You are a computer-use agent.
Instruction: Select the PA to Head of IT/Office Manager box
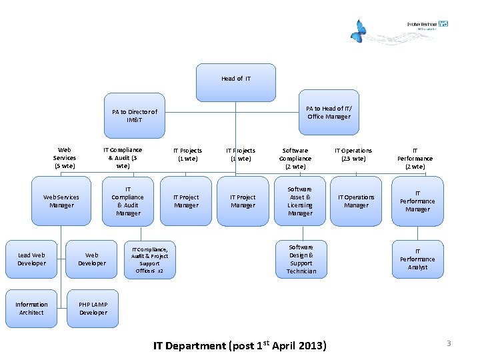pyautogui.click(x=329, y=113)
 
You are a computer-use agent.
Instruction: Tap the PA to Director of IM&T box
pyautogui.click(x=135, y=116)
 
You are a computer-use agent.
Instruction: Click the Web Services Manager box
pyautogui.click(x=61, y=201)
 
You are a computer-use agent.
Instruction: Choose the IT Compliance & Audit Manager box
pyautogui.click(x=128, y=201)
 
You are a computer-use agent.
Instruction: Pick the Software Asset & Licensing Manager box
pyautogui.click(x=300, y=201)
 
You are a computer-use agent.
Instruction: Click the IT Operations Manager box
pyautogui.click(x=356, y=201)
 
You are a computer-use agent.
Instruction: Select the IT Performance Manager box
pyautogui.click(x=417, y=201)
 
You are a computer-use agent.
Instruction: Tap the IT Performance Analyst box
pyautogui.click(x=417, y=259)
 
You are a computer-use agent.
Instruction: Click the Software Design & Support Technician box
pyautogui.click(x=301, y=259)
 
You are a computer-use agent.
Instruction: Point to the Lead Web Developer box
pyautogui.click(x=32, y=259)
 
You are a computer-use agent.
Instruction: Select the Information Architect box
pyautogui.click(x=32, y=309)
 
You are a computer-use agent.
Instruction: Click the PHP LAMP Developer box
pyautogui.click(x=93, y=309)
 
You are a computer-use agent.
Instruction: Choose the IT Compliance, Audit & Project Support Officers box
pyautogui.click(x=150, y=260)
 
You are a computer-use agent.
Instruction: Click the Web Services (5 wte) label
pyautogui.click(x=65, y=158)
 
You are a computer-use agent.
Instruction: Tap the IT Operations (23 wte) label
pyautogui.click(x=353, y=155)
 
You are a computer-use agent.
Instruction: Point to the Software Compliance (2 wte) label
pyautogui.click(x=295, y=158)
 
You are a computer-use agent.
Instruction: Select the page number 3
pyautogui.click(x=449, y=343)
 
